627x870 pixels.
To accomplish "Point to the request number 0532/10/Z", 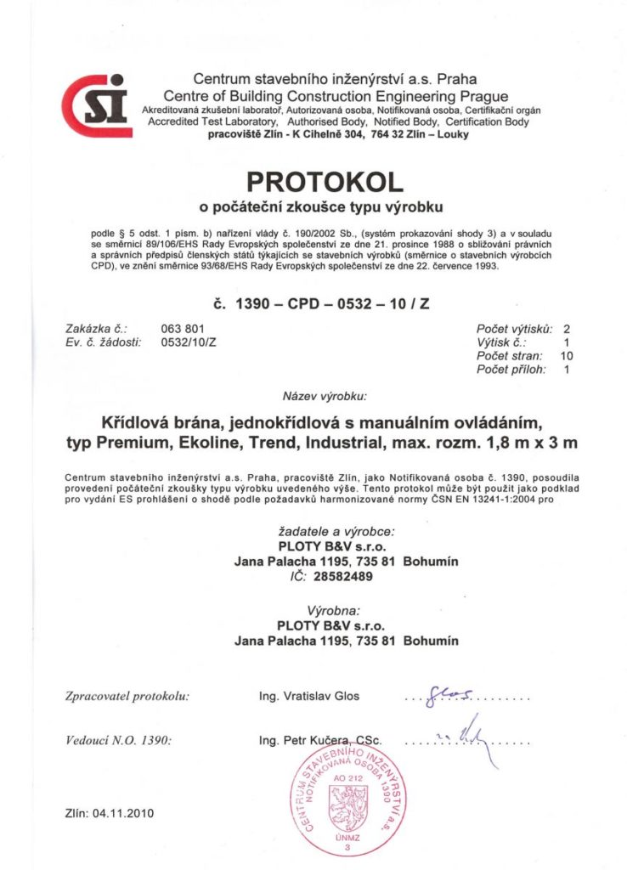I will click(189, 342).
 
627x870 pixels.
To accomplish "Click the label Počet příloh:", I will click(510, 370).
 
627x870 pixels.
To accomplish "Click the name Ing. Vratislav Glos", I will click(309, 696).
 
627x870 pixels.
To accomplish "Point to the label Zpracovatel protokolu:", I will click(127, 696).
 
